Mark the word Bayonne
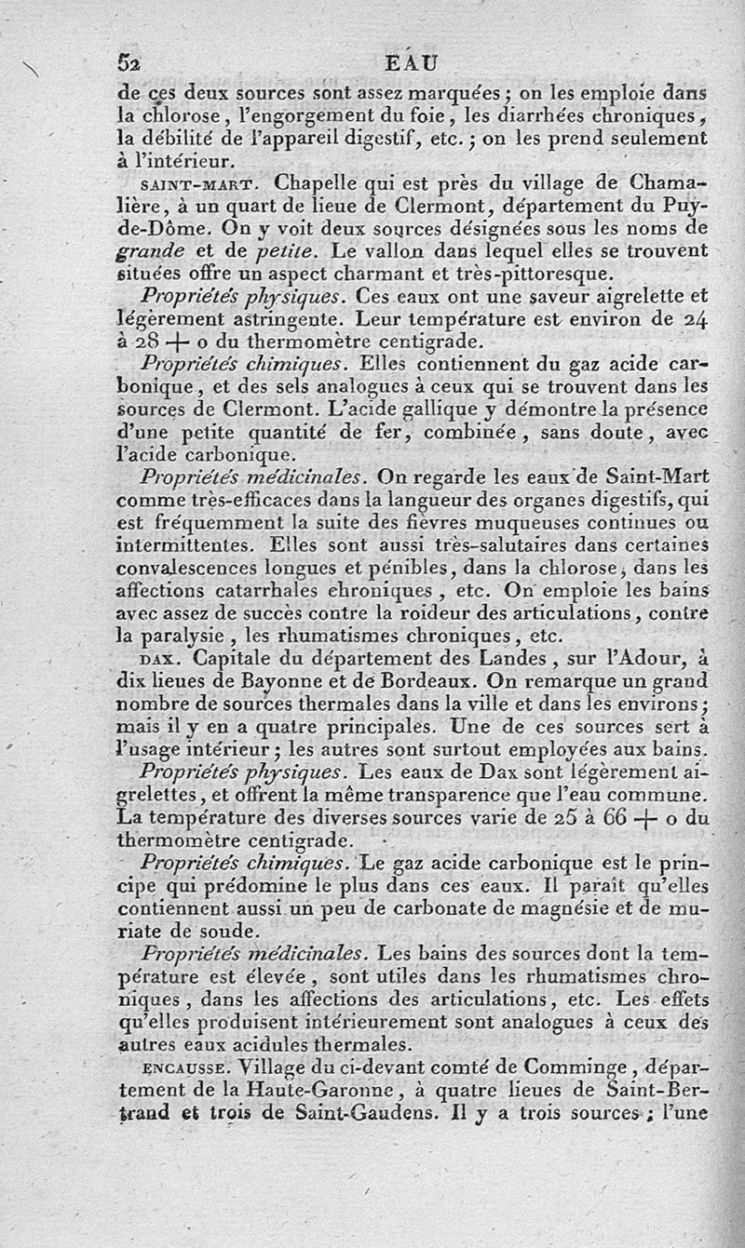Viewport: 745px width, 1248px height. point(259,681)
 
